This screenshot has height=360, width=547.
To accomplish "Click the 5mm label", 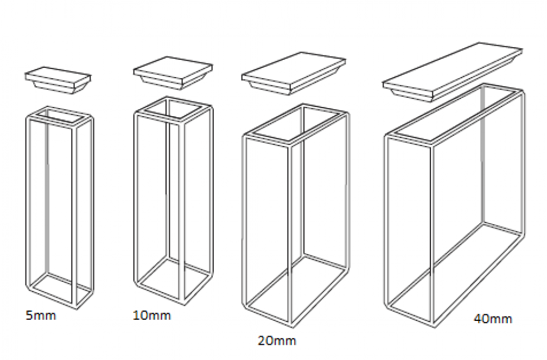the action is (x=41, y=315).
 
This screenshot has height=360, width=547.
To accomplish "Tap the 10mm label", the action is (x=152, y=315).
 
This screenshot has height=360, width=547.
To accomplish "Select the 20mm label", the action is (x=277, y=340).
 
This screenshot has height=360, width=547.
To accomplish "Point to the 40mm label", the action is (x=493, y=319).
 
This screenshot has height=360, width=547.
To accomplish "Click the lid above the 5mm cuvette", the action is (x=58, y=80).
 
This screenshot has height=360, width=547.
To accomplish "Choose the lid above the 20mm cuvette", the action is (x=294, y=74).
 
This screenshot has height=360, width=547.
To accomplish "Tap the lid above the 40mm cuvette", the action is (x=453, y=72).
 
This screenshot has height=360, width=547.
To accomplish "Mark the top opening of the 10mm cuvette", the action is (x=174, y=110).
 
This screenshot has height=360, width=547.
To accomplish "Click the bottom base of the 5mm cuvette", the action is (x=60, y=291).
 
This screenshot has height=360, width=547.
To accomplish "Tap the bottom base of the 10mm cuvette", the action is (x=174, y=281).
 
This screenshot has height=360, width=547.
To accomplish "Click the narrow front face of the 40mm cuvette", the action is (x=410, y=230).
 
